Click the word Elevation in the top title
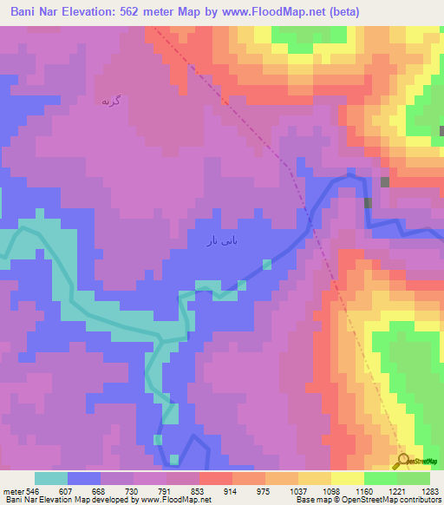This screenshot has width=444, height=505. [x=95, y=11]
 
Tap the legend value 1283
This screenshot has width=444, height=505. [x=429, y=490]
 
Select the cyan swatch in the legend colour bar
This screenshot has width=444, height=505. [x=51, y=478]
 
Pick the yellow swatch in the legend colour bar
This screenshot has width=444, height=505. [x=348, y=478]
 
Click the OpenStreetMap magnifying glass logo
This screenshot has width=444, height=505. [x=402, y=461]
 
